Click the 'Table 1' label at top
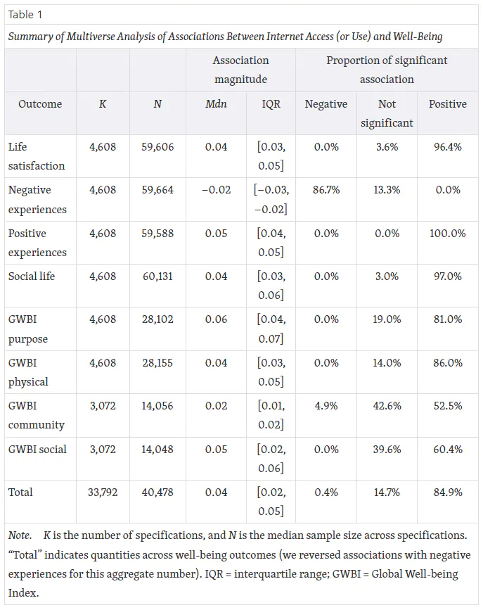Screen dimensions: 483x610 click(x=25, y=15)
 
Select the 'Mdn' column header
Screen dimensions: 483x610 click(x=216, y=104)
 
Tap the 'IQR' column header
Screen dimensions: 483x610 click(x=271, y=104)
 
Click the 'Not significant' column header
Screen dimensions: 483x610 click(x=387, y=113)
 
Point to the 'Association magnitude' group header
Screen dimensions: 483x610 click(x=240, y=70)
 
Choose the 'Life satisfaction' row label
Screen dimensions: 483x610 click(x=37, y=156)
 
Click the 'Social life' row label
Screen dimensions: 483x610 click(x=32, y=277)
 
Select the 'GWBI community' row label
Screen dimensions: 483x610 click(x=37, y=415)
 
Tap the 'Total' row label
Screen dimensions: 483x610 click(x=20, y=492)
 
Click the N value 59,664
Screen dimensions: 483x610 click(x=157, y=190)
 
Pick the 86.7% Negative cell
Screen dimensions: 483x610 click(x=326, y=190)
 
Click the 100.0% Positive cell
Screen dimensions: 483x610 click(x=448, y=234)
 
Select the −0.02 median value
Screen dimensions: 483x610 click(x=217, y=190)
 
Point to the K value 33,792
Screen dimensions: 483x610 click(x=103, y=492)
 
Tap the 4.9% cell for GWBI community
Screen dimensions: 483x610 click(x=326, y=406)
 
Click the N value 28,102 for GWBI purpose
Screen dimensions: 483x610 click(x=157, y=319)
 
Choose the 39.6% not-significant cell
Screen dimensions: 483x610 click(x=387, y=450)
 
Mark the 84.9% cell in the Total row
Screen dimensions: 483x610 click(x=448, y=492)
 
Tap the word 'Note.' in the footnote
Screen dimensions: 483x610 click(x=20, y=535)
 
